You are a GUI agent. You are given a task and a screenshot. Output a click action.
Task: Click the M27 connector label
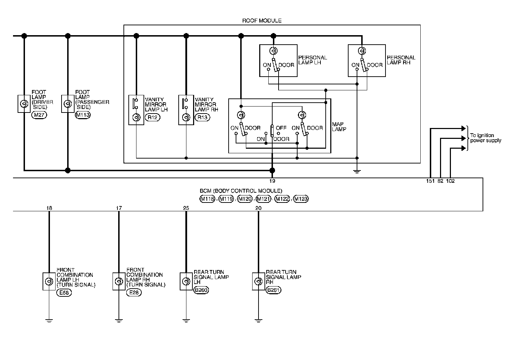pos(39,115)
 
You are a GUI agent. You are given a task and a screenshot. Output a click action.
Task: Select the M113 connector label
pos(83,115)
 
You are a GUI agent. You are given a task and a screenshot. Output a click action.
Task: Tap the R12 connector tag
pos(152,117)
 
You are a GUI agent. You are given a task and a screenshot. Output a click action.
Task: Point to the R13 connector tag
pos(202,117)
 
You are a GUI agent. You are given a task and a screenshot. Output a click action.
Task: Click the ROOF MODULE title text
pos(262,20)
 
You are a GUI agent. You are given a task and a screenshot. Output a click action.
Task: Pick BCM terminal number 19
pos(272,181)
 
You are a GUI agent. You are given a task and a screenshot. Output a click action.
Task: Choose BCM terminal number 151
pos(431,181)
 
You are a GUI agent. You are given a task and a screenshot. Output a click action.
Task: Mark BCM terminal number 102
pos(450,181)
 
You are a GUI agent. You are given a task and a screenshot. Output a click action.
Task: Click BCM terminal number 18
pos(49,208)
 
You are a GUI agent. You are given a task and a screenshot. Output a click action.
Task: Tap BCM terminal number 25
pos(186,208)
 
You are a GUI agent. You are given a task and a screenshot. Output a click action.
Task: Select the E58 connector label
pos(64,292)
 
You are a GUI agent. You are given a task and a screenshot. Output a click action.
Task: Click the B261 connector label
pos(274,290)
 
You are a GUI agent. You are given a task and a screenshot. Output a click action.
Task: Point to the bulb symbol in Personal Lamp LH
pos(272,51)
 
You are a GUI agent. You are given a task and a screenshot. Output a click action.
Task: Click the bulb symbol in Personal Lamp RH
pos(361,51)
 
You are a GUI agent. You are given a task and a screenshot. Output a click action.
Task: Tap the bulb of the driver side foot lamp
pos(24,104)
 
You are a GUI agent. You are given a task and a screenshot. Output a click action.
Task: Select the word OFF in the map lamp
pos(281,128)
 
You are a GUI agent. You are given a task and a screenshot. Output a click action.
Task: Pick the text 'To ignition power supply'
pos(486,138)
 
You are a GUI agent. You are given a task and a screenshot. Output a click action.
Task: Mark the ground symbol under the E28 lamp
pos(119,320)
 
